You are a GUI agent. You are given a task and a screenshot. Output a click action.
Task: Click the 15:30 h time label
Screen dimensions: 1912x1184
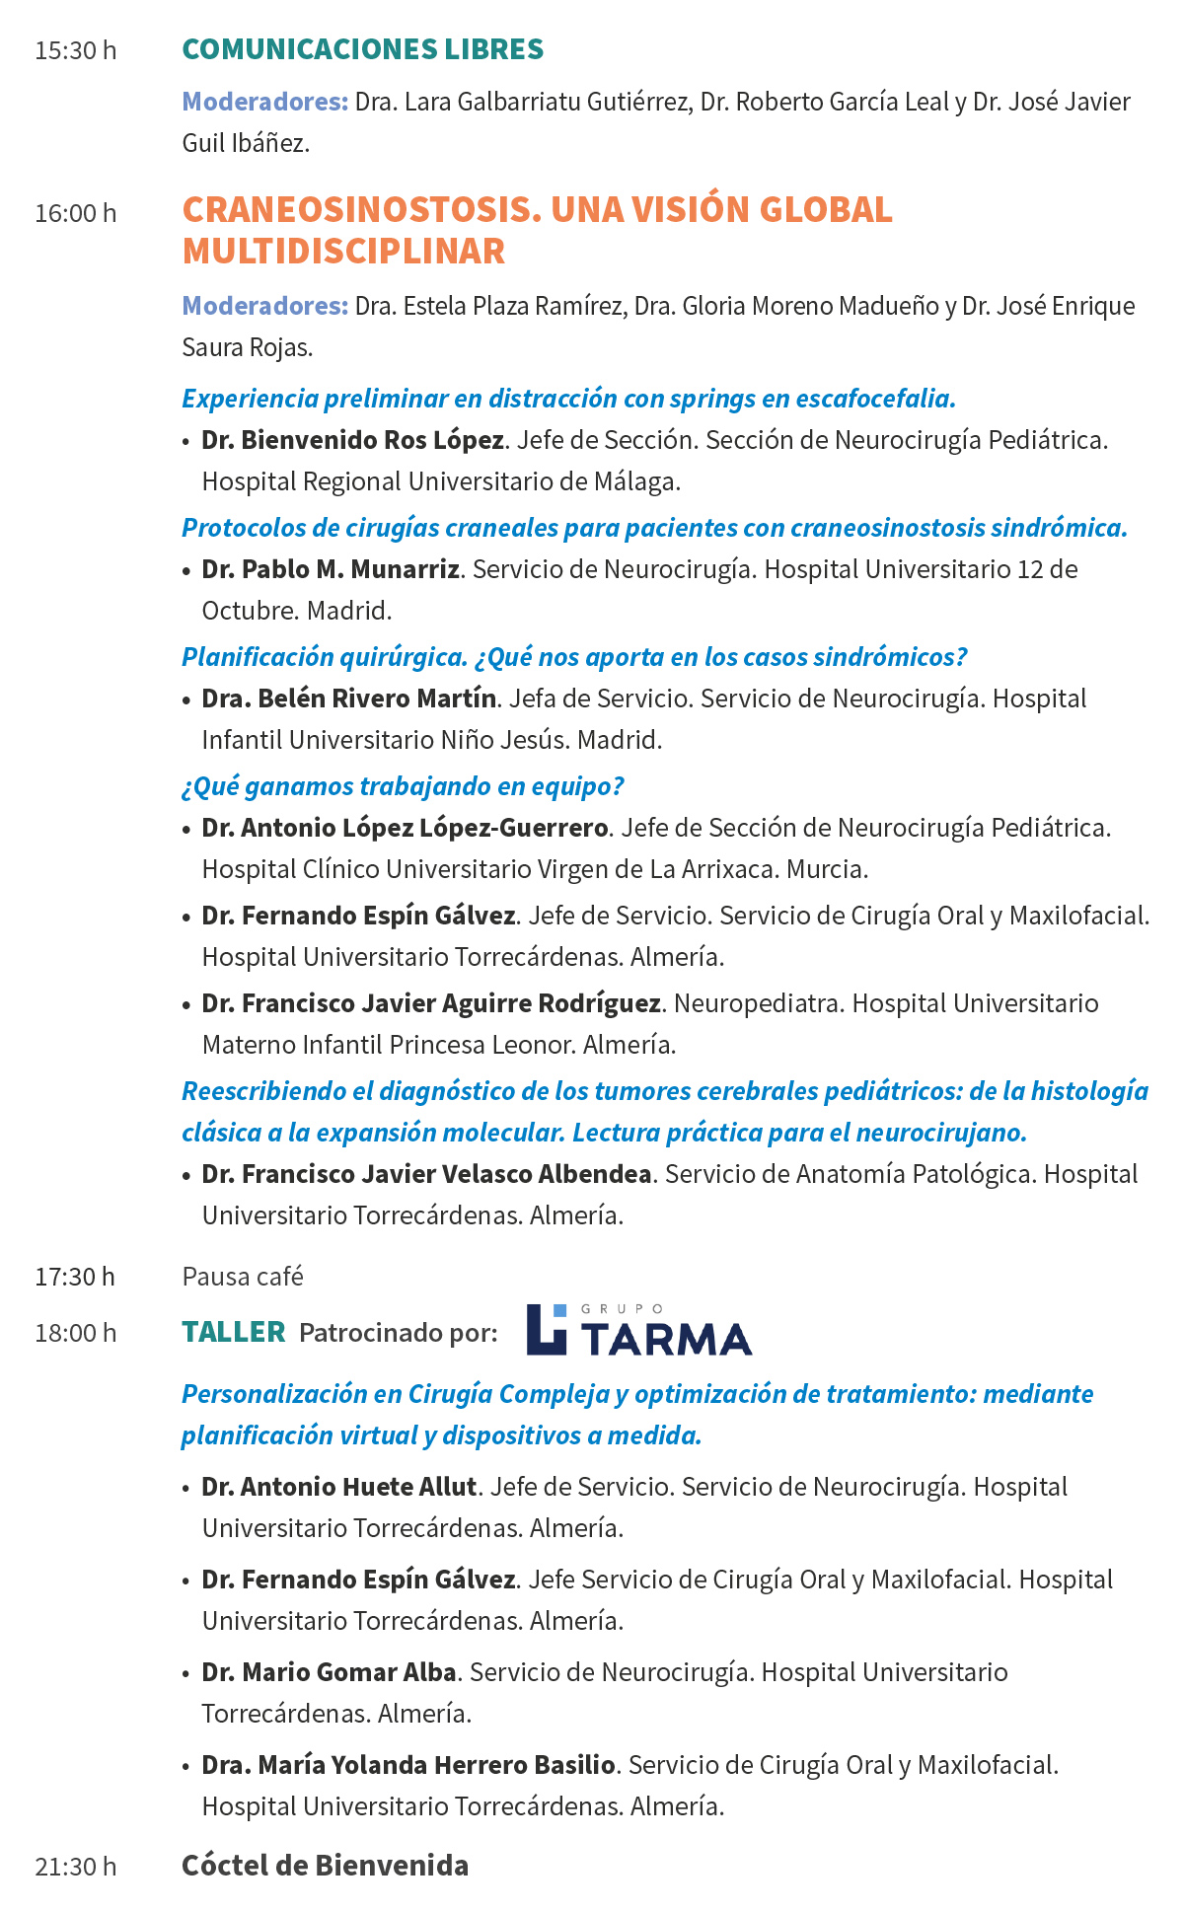click(x=75, y=50)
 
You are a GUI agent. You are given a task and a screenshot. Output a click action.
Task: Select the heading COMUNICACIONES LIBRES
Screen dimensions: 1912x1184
click(x=362, y=49)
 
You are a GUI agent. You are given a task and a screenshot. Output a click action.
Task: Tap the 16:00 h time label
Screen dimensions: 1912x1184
click(x=75, y=213)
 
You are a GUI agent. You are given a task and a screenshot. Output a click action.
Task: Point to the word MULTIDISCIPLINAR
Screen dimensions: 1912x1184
click(x=343, y=252)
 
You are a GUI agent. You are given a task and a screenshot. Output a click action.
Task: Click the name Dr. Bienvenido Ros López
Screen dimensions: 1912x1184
click(x=352, y=440)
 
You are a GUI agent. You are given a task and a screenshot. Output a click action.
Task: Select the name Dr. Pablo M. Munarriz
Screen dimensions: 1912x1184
click(x=331, y=569)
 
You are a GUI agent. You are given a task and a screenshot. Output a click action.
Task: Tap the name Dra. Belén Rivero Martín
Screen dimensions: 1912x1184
click(x=349, y=699)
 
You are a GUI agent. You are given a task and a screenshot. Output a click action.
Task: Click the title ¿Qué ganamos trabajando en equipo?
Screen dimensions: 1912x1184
click(x=403, y=786)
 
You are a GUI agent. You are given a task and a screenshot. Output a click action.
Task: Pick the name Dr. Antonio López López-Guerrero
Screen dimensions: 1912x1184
click(x=405, y=828)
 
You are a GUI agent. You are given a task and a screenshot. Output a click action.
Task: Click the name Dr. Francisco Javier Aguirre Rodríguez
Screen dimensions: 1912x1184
click(x=431, y=1003)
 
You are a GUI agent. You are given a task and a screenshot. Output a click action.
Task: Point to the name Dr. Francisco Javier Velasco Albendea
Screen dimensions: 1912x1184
click(x=426, y=1174)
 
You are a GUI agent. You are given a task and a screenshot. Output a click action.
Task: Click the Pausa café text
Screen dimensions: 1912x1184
click(x=243, y=1277)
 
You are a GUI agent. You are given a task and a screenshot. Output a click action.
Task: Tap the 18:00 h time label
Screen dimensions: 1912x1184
click(x=75, y=1333)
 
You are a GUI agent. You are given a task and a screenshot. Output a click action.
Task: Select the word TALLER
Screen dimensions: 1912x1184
click(x=234, y=1333)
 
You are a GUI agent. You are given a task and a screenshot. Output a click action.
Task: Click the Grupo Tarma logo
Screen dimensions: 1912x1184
click(x=638, y=1330)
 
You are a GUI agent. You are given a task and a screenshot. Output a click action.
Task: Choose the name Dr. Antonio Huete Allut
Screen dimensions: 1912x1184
click(x=339, y=1487)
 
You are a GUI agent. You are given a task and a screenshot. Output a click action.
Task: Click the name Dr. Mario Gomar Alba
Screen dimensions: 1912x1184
click(x=329, y=1672)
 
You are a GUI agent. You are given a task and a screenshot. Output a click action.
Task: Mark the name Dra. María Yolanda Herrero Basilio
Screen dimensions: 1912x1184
click(x=408, y=1765)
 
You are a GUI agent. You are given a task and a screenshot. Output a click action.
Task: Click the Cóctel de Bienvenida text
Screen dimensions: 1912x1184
click(x=325, y=1866)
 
